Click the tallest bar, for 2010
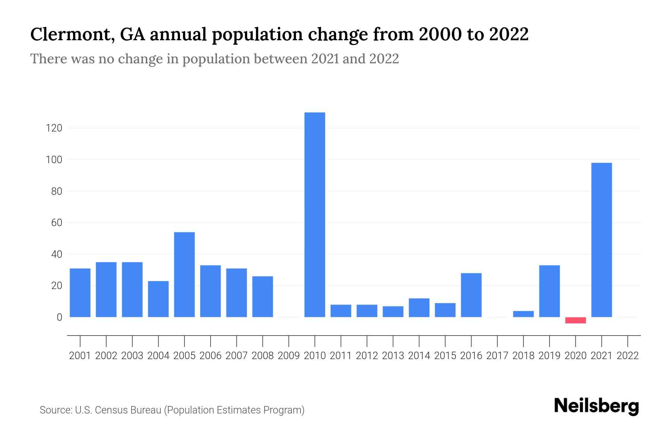(x=315, y=215)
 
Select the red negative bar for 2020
(x=576, y=320)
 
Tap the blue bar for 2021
(x=602, y=240)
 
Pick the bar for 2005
(x=185, y=275)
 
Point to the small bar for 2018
(x=523, y=314)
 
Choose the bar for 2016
(x=471, y=295)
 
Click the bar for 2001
(x=80, y=293)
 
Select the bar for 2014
(x=419, y=308)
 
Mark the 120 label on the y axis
(x=54, y=129)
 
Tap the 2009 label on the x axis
(x=289, y=356)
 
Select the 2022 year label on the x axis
(x=628, y=356)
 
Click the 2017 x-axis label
(x=497, y=356)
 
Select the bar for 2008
(x=263, y=297)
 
